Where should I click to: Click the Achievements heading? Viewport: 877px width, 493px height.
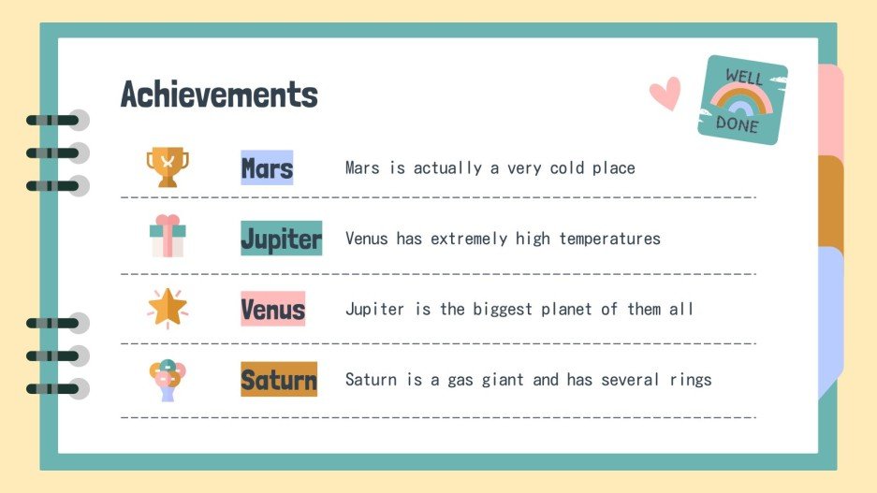click(x=219, y=94)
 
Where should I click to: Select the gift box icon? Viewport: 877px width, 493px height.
click(x=168, y=236)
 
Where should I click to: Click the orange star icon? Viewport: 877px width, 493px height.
click(x=168, y=308)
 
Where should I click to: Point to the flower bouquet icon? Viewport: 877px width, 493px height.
click(x=167, y=380)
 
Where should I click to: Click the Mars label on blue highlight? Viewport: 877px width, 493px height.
click(x=267, y=168)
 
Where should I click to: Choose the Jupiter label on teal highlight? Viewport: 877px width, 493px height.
click(x=281, y=239)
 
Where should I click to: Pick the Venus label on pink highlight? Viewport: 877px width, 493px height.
click(x=272, y=309)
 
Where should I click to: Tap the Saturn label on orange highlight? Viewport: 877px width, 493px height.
click(x=279, y=380)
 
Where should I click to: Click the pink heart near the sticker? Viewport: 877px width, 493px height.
click(x=665, y=93)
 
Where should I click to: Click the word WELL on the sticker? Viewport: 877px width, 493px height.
click(x=745, y=77)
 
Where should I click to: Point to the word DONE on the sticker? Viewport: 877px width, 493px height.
click(x=738, y=123)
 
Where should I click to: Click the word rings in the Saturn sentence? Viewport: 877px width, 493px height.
click(x=690, y=380)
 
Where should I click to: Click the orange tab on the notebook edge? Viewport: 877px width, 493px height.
click(x=831, y=201)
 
